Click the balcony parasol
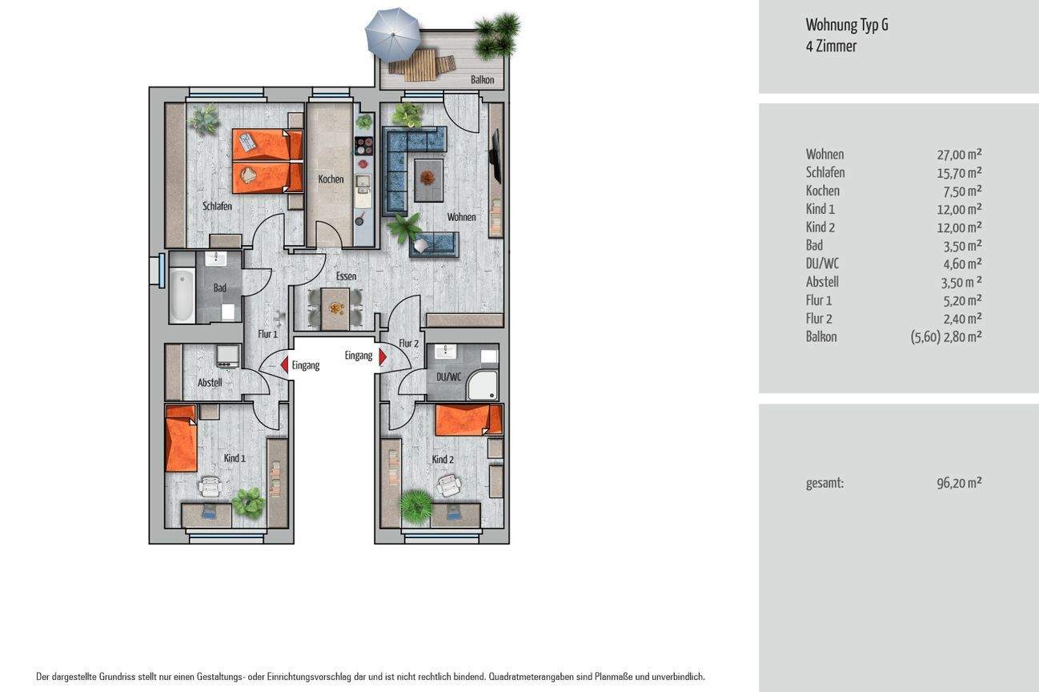click(392, 34)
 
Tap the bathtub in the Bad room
click(182, 296)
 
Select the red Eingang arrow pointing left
click(284, 364)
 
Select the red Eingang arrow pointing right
click(383, 356)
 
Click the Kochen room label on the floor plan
click(331, 179)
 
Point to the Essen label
click(346, 276)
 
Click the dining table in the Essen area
click(335, 308)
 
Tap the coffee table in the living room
click(428, 180)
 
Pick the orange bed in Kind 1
click(181, 439)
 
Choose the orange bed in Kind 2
click(468, 420)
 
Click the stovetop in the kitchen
click(363, 146)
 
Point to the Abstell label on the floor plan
click(210, 383)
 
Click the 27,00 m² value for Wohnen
click(959, 154)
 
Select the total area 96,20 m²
click(959, 483)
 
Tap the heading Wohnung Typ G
click(847, 25)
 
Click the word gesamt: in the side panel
click(824, 483)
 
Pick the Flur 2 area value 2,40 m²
click(962, 319)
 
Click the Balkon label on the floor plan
click(483, 80)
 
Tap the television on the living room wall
click(495, 156)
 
